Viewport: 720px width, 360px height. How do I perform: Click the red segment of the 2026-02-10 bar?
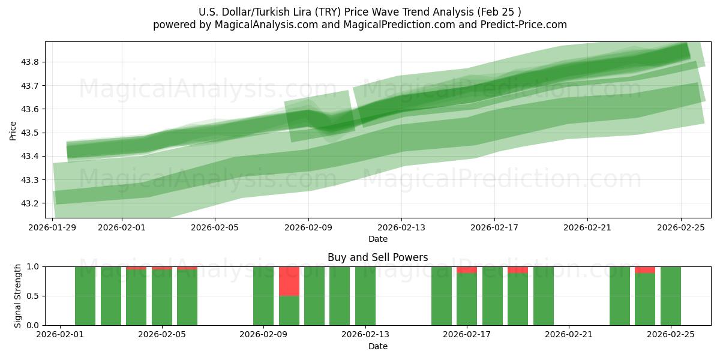pyautogui.click(x=289, y=281)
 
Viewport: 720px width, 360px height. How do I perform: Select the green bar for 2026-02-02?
pyautogui.click(x=85, y=296)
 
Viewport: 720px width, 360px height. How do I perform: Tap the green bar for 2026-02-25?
pyautogui.click(x=670, y=296)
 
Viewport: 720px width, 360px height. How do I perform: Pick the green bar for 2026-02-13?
pyautogui.click(x=365, y=296)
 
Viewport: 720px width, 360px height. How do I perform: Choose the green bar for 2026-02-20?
pyautogui.click(x=544, y=296)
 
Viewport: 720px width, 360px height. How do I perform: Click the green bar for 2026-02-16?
pyautogui.click(x=442, y=296)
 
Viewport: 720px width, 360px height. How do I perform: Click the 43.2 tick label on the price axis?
pyautogui.click(x=31, y=203)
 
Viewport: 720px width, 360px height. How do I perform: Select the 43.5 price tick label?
pyautogui.click(x=31, y=133)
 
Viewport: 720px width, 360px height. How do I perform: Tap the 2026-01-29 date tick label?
pyautogui.click(x=53, y=227)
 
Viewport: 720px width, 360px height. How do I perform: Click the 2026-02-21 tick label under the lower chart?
pyautogui.click(x=568, y=335)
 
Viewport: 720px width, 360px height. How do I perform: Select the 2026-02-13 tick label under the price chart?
pyautogui.click(x=401, y=227)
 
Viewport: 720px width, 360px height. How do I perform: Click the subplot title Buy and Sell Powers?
pyautogui.click(x=378, y=257)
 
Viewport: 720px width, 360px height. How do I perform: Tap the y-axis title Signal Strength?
pyautogui.click(x=18, y=296)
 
